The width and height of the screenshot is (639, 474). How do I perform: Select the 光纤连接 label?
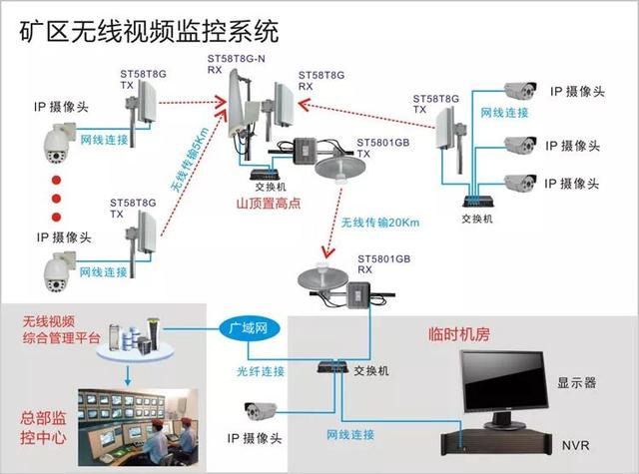(x=260, y=371)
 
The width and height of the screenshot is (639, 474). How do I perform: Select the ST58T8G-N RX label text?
(x=235, y=64)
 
